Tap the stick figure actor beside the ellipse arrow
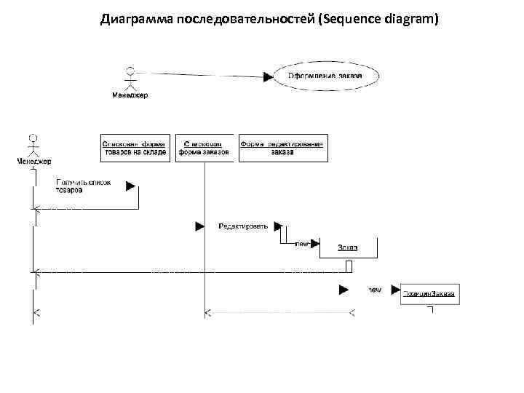click(x=130, y=78)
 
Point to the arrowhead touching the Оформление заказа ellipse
click(x=269, y=75)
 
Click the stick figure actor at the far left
click(x=32, y=144)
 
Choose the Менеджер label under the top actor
click(x=130, y=95)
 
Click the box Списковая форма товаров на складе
click(x=137, y=148)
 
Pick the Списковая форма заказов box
click(x=205, y=148)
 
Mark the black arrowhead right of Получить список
click(x=131, y=186)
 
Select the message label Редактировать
click(x=243, y=226)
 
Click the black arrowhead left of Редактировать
click(x=199, y=226)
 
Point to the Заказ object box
click(x=348, y=247)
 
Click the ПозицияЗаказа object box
click(x=430, y=293)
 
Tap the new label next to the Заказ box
click(x=303, y=244)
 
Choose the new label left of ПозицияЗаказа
click(x=374, y=290)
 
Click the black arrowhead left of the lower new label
click(x=344, y=290)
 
